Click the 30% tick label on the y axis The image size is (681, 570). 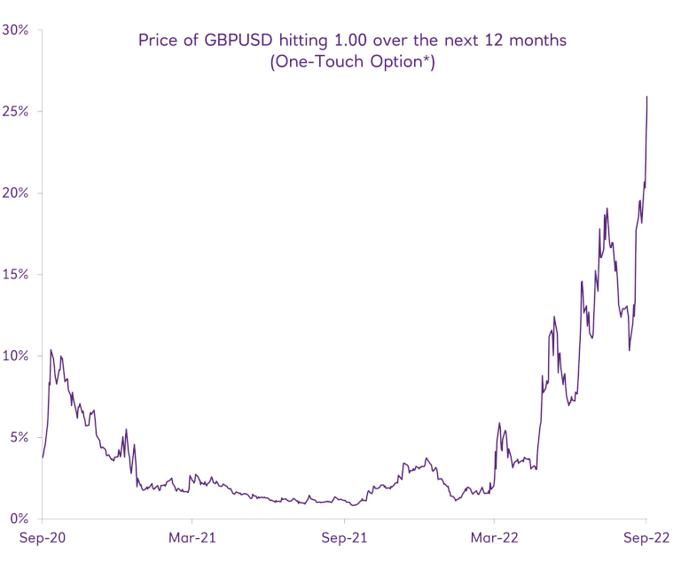[16, 29]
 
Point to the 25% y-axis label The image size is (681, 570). [16, 111]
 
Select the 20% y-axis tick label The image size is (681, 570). [16, 192]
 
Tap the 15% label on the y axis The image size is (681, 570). [16, 274]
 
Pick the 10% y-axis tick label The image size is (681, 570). [16, 355]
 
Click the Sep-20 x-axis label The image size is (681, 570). [42, 538]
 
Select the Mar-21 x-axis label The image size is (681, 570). [192, 538]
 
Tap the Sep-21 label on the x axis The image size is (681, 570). [343, 538]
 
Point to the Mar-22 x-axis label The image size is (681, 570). [494, 538]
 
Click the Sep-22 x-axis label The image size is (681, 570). [645, 538]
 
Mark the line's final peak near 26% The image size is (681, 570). [646, 97]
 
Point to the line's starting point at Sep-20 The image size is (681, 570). [43, 457]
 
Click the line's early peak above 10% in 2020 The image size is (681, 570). [51, 350]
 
